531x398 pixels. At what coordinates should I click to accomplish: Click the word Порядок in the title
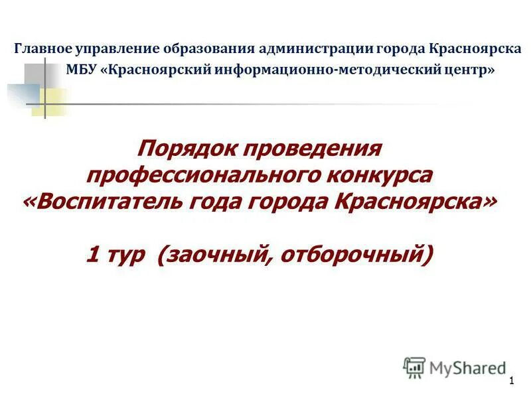[185, 147]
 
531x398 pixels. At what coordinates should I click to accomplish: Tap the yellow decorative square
[49, 101]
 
